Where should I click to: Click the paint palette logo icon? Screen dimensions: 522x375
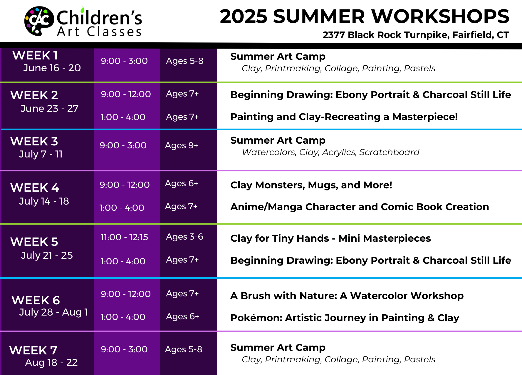click(39, 21)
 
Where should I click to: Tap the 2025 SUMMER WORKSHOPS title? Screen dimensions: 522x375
click(364, 16)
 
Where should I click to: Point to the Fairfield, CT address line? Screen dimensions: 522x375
click(416, 35)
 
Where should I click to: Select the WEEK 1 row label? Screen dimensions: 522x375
click(35, 55)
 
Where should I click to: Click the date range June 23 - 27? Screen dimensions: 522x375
click(49, 108)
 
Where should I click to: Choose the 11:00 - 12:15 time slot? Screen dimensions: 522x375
click(124, 237)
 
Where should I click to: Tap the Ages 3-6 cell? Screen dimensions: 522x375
click(184, 237)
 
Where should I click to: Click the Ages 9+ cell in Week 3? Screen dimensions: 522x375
click(182, 145)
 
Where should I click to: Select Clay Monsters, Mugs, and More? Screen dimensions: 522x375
click(311, 185)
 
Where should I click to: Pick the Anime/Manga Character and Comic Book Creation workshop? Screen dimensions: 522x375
click(360, 207)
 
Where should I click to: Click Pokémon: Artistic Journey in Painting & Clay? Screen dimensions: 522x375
click(345, 318)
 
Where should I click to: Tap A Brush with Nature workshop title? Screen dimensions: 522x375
click(347, 296)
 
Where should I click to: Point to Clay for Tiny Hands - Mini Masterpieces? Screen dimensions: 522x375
click(330, 238)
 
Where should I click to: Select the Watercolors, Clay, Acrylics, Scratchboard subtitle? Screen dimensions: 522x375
click(330, 152)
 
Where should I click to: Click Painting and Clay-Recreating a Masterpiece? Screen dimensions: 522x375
click(344, 117)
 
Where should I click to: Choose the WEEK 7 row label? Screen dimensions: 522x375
click(33, 350)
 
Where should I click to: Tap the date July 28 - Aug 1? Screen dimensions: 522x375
click(54, 312)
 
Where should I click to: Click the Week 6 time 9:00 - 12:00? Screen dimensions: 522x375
click(126, 294)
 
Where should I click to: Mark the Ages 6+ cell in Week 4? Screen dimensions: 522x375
click(182, 183)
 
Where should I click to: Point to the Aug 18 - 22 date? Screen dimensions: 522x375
click(51, 362)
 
